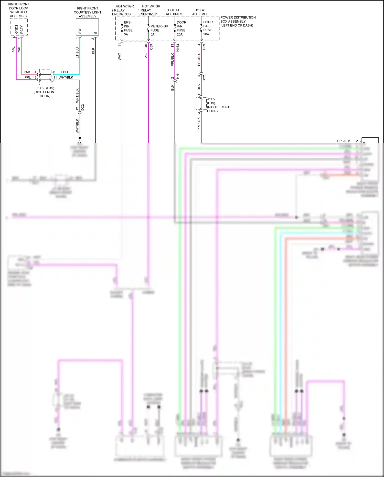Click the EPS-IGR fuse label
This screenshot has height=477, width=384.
[128, 28]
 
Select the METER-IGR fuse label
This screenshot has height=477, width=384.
[159, 28]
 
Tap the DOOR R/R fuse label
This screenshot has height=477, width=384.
[181, 28]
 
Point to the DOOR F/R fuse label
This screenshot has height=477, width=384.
[208, 28]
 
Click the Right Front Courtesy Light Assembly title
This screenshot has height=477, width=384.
[88, 12]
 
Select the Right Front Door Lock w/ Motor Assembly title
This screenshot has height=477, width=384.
[18, 10]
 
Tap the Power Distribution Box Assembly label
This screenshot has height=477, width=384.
[238, 22]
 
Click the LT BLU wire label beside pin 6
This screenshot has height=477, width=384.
[64, 72]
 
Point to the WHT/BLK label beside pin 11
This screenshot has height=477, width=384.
[66, 77]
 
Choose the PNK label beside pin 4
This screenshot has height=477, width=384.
[27, 72]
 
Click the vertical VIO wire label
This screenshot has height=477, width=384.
[146, 55]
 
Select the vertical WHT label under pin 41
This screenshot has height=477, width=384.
[120, 57]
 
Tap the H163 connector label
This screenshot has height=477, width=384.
[178, 48]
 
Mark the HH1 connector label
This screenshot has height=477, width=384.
[178, 76]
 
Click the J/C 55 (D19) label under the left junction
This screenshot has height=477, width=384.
[45, 92]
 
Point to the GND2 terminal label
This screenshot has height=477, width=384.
[17, 29]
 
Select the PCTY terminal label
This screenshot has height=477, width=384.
[22, 29]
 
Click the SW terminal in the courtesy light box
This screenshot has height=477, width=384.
[80, 31]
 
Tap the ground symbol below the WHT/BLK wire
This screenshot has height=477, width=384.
[80, 139]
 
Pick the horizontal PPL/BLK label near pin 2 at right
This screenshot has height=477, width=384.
[344, 141]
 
